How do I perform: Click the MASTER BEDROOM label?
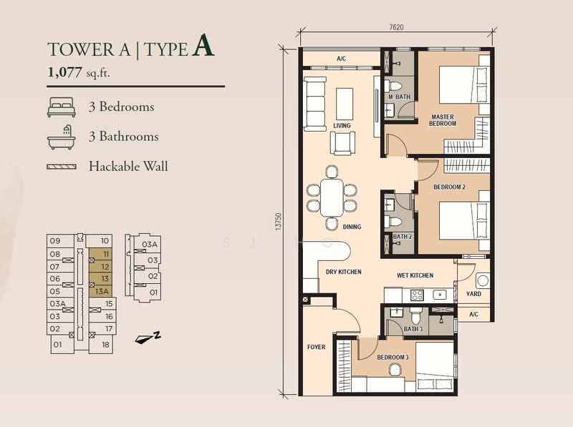click(443, 120)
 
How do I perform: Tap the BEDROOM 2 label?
click(450, 187)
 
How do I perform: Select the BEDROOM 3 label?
click(393, 358)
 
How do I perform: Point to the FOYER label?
click(316, 347)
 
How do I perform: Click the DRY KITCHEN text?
click(344, 272)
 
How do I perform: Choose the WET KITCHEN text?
click(415, 275)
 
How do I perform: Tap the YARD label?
click(473, 294)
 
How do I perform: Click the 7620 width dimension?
click(397, 27)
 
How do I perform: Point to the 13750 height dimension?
click(279, 222)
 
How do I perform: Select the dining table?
click(332, 197)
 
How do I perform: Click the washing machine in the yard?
click(482, 280)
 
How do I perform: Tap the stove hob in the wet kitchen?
click(417, 295)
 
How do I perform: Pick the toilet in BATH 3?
click(416, 315)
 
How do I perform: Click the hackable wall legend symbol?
click(62, 167)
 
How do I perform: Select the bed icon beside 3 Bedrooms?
click(62, 107)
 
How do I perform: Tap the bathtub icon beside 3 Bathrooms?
click(62, 137)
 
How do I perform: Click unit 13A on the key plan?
click(102, 291)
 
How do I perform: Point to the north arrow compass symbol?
click(148, 338)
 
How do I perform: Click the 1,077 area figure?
click(64, 72)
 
